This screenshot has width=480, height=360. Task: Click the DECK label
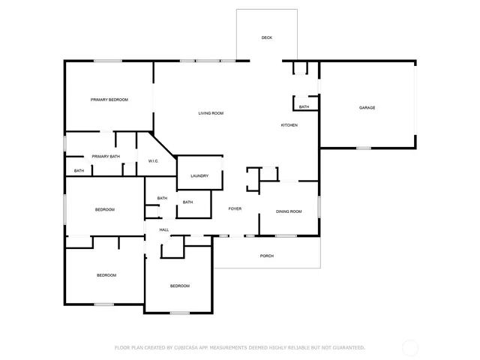[x=266, y=37]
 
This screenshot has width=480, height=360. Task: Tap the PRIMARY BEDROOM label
[x=109, y=100]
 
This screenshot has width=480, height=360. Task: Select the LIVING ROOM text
[x=211, y=113]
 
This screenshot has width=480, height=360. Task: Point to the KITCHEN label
[x=289, y=125]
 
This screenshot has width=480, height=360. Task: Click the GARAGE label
[x=367, y=108]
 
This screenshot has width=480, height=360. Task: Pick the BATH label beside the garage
[x=304, y=107]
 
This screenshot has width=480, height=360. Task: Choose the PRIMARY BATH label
[x=106, y=156]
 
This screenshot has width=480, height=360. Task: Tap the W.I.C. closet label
[x=152, y=160]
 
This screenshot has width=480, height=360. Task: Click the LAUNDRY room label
[x=199, y=176]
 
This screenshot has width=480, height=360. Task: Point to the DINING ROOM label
[x=289, y=211]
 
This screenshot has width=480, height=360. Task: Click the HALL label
[x=163, y=229]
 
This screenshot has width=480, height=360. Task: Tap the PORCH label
[x=266, y=256]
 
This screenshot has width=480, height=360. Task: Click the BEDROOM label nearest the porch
[x=179, y=286]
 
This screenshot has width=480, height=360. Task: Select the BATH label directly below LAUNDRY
[x=187, y=202]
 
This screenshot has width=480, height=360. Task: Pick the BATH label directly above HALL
[x=162, y=198]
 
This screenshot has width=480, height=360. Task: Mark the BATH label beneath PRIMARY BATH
[x=79, y=171]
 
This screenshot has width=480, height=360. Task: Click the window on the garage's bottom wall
[x=364, y=148]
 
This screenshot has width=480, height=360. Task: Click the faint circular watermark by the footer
[x=410, y=348]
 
